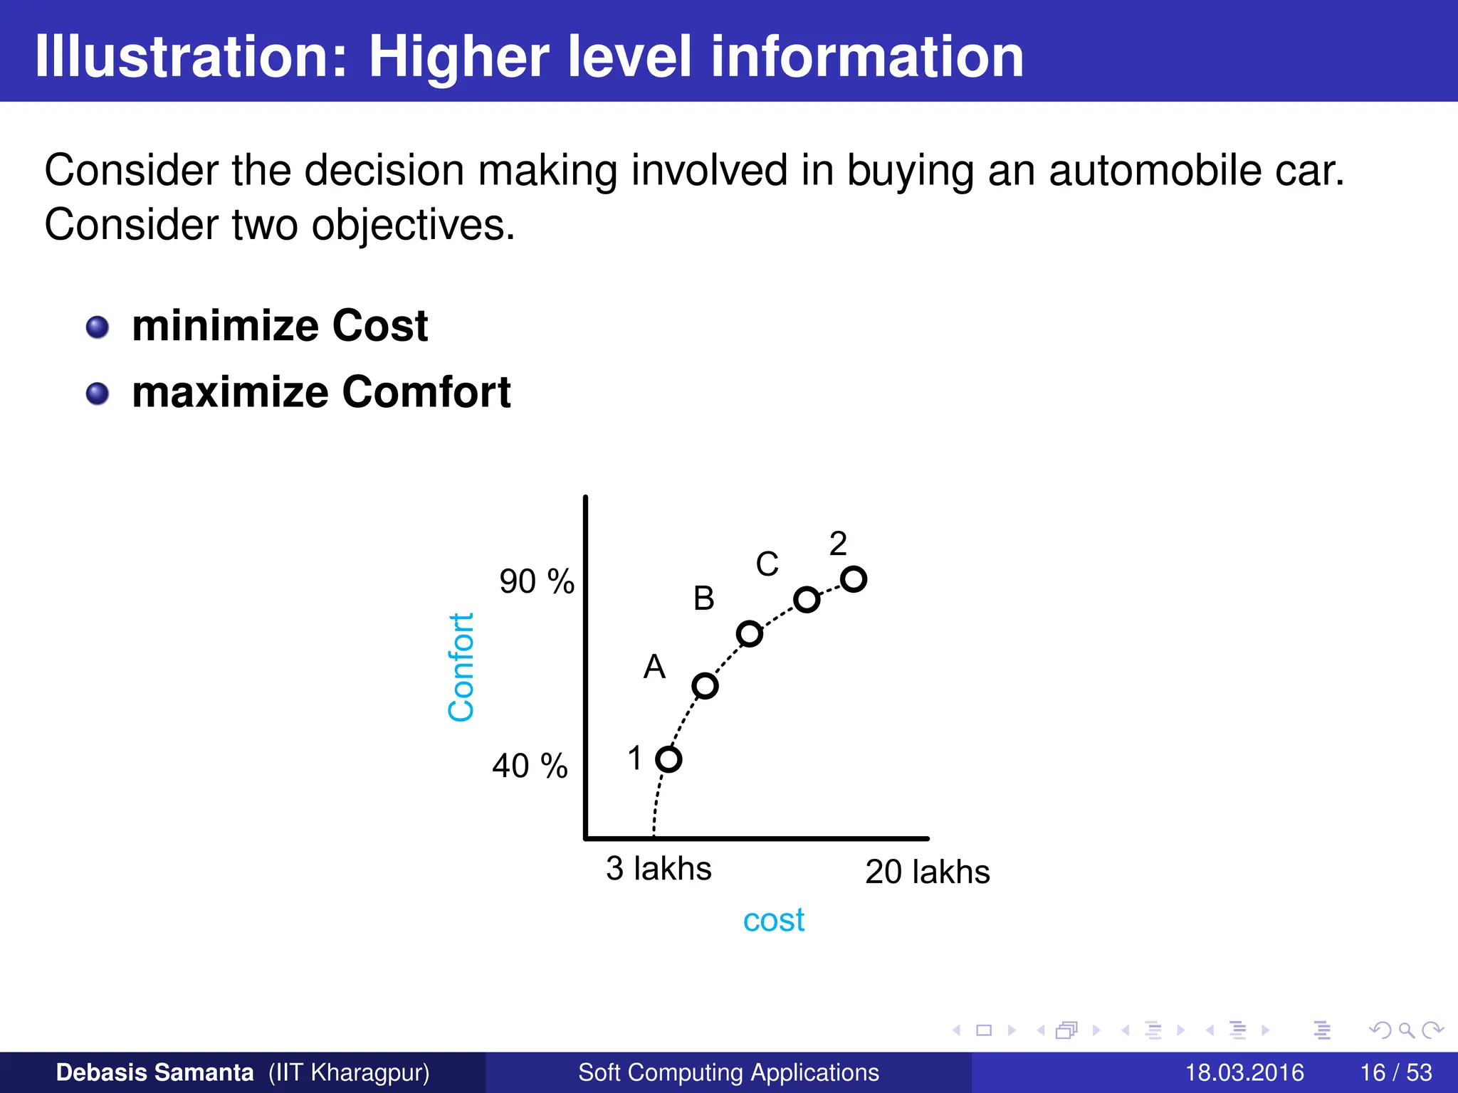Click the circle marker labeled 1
(668, 759)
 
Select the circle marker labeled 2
(853, 579)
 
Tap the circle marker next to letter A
(705, 685)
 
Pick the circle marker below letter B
(749, 633)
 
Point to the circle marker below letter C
(806, 599)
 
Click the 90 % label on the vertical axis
(537, 582)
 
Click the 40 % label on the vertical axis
(530, 766)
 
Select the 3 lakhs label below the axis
(659, 869)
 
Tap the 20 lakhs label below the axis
(927, 872)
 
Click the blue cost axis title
(773, 920)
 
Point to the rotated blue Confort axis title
(461, 667)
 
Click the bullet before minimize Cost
(98, 327)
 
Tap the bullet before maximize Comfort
(98, 394)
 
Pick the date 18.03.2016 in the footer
(1244, 1072)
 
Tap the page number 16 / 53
(1395, 1072)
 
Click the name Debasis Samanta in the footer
(154, 1072)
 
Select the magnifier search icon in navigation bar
(1406, 1030)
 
